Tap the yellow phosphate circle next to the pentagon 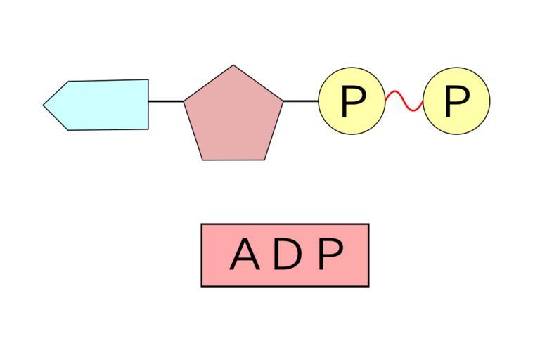point(352,101)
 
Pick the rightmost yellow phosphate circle point(456,101)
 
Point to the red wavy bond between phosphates point(404,101)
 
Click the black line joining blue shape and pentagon point(166,101)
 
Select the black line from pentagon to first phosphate point(301,101)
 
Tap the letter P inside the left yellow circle point(352,101)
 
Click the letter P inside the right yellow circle point(456,101)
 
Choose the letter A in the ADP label point(244,255)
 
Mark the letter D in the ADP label point(286,255)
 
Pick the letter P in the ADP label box point(330,255)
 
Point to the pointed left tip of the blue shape point(44,105)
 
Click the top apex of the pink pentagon point(233,65)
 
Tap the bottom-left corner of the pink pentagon point(202,160)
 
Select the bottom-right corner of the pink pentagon point(266,160)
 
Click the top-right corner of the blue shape point(148,80)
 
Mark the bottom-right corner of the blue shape point(148,129)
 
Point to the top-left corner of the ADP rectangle point(202,224)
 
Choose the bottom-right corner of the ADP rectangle point(368,286)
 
